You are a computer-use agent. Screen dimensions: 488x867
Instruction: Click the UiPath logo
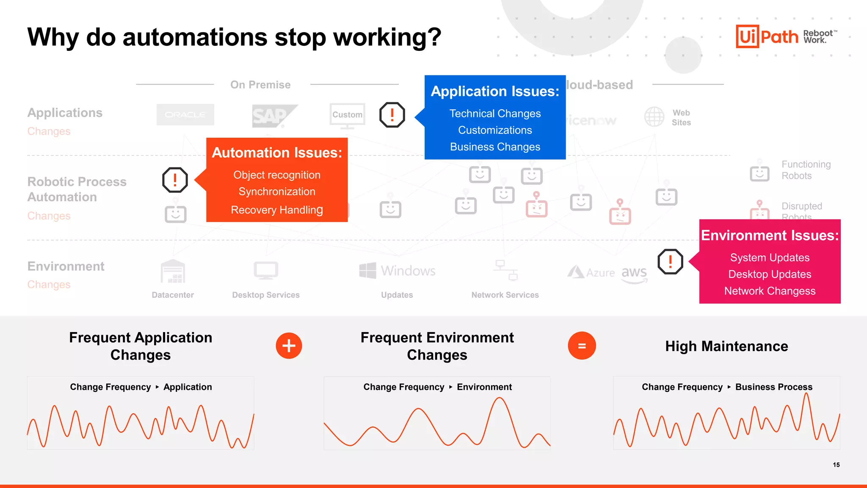pos(767,36)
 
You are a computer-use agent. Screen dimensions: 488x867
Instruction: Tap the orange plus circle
pos(289,346)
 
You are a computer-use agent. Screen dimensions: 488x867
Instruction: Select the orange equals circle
pos(582,346)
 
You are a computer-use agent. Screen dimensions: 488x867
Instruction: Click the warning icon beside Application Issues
pos(392,115)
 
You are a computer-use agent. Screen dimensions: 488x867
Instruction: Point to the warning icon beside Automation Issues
pos(175,180)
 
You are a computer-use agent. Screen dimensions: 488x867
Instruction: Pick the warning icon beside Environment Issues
pos(670,261)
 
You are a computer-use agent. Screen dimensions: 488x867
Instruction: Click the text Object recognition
pos(277,175)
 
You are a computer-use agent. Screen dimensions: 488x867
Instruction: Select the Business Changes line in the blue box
pos(495,147)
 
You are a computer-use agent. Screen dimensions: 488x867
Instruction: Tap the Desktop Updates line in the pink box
pos(770,274)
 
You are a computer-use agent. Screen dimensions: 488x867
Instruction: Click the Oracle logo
pos(185,115)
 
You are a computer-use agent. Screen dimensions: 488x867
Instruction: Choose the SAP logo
pos(271,116)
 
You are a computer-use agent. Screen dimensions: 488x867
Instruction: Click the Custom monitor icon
pos(347,116)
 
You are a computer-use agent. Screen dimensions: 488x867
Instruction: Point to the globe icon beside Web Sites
pos(654,116)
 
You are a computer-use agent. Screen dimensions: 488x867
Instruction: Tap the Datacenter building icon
pos(173,272)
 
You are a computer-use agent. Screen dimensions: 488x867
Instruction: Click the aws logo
pos(634,273)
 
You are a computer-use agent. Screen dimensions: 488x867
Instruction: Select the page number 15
pos(836,465)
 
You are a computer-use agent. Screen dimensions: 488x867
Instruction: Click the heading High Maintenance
pos(726,346)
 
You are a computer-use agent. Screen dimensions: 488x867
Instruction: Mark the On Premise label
pos(260,85)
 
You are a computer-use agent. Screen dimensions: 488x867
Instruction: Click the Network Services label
pos(505,295)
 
